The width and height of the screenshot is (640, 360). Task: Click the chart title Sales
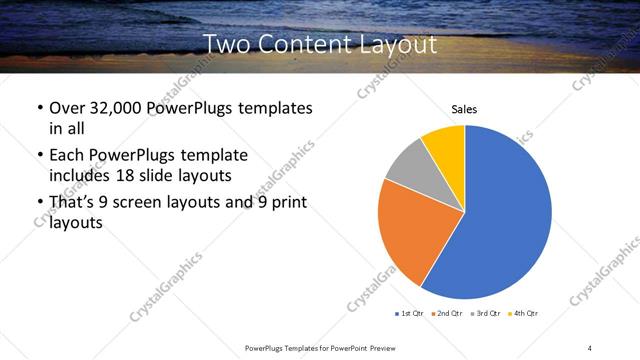464,108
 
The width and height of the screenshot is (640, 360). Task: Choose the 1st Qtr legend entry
409,314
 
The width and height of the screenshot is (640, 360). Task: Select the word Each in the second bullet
65,155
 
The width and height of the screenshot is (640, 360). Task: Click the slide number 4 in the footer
590,347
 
